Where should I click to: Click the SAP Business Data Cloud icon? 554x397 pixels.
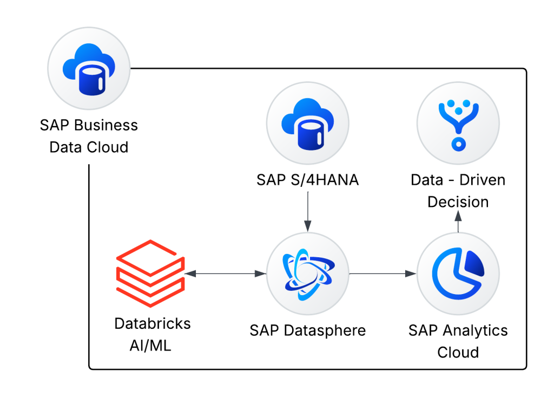click(x=89, y=69)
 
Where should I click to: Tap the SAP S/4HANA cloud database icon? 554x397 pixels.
click(x=308, y=123)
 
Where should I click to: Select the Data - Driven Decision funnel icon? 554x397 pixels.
click(x=458, y=123)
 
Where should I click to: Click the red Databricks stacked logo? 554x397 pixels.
click(x=150, y=273)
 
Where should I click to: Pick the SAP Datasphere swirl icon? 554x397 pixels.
click(x=308, y=274)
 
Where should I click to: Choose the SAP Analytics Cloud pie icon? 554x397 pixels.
click(x=458, y=274)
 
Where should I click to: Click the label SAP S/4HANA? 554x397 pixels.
click(x=308, y=180)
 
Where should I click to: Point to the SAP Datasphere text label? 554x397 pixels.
click(x=308, y=330)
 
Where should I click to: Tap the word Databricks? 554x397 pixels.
click(x=153, y=323)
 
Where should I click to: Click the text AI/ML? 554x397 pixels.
click(x=150, y=346)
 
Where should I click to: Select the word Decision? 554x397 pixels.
click(x=458, y=202)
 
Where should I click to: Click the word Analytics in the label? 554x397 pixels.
click(x=475, y=330)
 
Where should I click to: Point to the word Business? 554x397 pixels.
click(x=106, y=125)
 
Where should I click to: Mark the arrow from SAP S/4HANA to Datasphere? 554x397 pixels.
click(x=308, y=212)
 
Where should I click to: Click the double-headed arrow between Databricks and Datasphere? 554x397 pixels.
click(x=226, y=274)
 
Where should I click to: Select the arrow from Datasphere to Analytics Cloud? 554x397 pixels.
click(x=383, y=274)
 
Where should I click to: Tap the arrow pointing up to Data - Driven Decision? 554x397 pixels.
click(x=458, y=221)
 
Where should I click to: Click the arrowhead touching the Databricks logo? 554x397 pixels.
click(x=190, y=274)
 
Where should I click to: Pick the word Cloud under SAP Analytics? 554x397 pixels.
click(x=458, y=353)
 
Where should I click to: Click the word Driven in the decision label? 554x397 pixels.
click(x=483, y=180)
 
